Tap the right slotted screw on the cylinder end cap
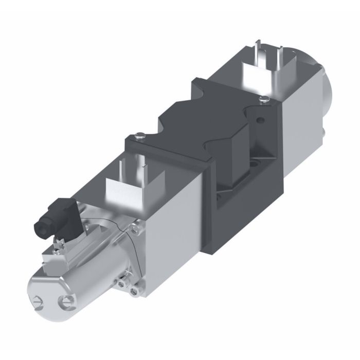pyautogui.click(x=65, y=301)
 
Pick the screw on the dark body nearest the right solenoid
pyautogui.click(x=264, y=98)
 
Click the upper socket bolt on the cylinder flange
pyautogui.click(x=135, y=227)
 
